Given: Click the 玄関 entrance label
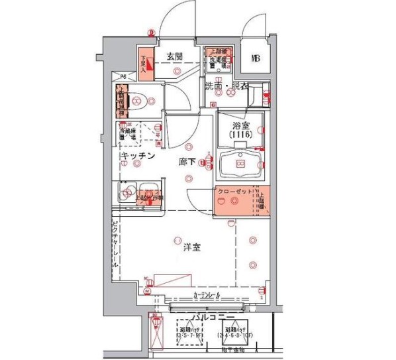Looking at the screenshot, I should pos(175,56).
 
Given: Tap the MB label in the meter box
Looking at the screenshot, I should pos(255,58).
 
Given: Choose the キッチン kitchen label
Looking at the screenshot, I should pos(138,156).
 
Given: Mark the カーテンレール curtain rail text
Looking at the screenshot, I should pos(207,294).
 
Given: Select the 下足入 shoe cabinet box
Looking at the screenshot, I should pos(145,63).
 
